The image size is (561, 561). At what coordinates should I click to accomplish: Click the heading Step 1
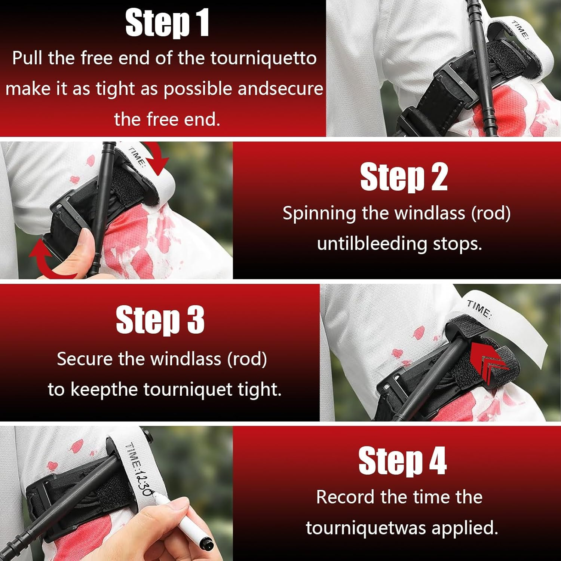(167, 23)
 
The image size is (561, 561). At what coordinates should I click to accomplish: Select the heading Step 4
(402, 461)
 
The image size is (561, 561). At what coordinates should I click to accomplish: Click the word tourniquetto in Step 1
(264, 58)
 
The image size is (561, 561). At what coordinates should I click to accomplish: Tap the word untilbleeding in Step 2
(372, 244)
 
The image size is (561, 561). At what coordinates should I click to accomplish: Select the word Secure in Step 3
(85, 359)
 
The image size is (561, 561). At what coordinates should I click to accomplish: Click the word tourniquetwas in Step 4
(366, 528)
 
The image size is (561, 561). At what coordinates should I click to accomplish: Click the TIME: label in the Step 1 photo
(520, 30)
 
